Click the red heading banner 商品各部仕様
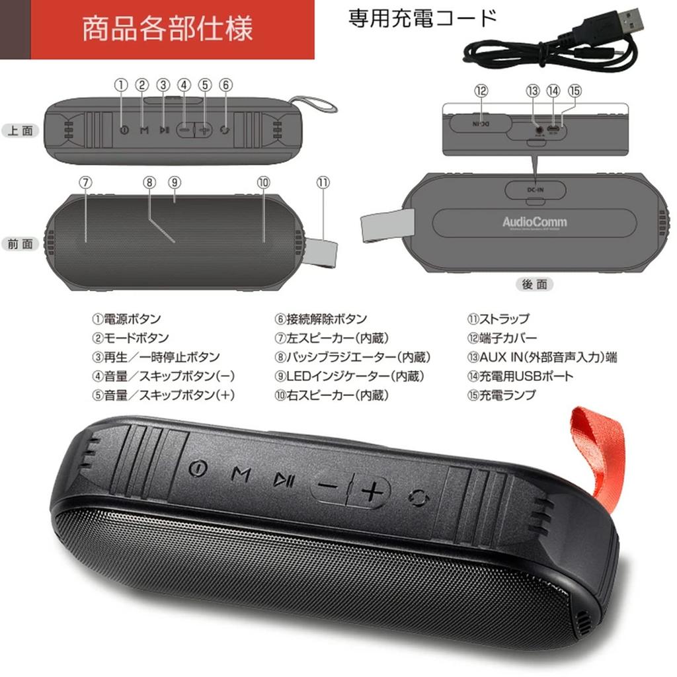click(x=167, y=30)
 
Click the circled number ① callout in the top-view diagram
click(x=120, y=85)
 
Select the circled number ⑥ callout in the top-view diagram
click(x=226, y=85)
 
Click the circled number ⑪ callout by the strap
click(x=323, y=182)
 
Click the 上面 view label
click(x=20, y=130)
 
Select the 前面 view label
click(x=20, y=244)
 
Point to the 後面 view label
click(x=534, y=284)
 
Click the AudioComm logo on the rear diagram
click(x=534, y=222)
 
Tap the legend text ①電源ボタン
click(x=126, y=319)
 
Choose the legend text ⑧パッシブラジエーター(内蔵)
click(x=353, y=358)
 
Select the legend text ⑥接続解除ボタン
click(x=321, y=319)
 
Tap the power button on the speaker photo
click(x=198, y=469)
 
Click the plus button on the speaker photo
click(x=372, y=491)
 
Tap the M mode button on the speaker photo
click(x=241, y=473)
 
